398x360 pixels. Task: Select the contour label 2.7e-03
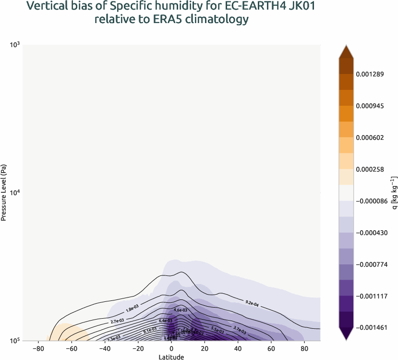[x=118, y=321]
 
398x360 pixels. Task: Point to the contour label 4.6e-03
[x=180, y=310]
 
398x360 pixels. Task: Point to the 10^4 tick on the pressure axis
[x=14, y=193]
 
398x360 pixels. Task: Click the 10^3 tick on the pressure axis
[x=14, y=45]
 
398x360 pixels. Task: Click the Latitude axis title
[x=171, y=357]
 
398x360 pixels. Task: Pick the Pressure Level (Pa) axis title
[x=4, y=192]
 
